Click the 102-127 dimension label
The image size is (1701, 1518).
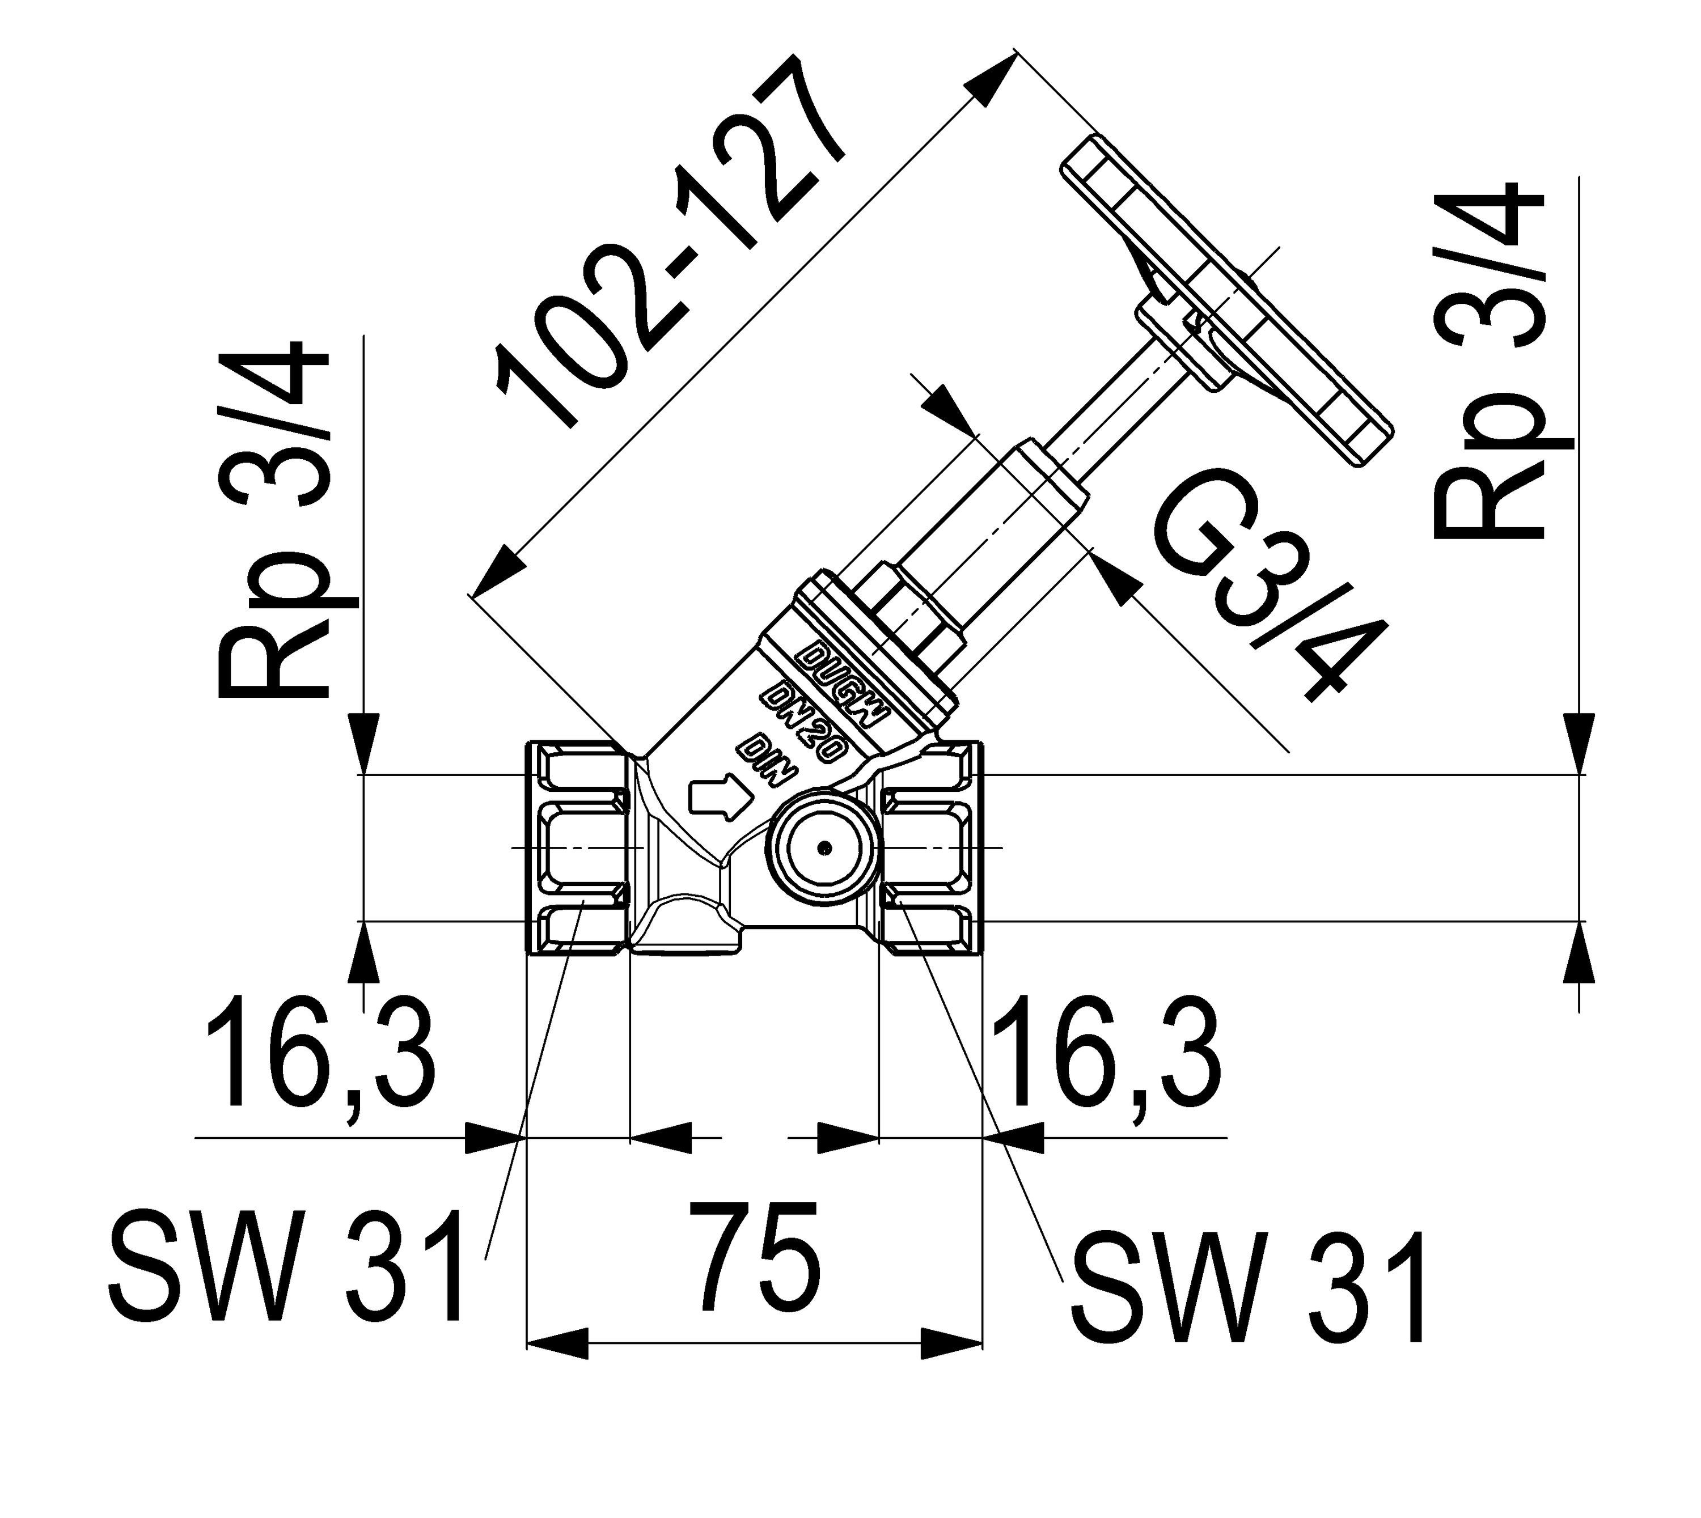(x=667, y=242)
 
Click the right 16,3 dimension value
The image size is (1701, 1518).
(x=1105, y=1054)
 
